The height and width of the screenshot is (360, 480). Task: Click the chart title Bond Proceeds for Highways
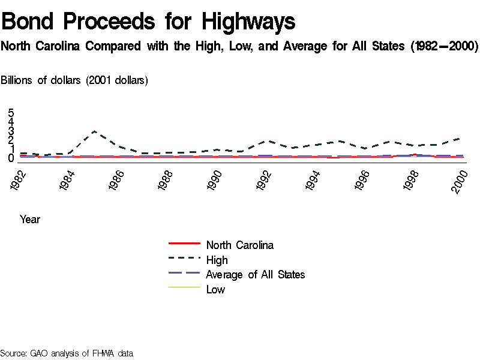pos(148,22)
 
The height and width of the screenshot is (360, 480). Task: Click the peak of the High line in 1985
pos(94,131)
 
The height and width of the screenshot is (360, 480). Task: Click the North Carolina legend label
pos(239,245)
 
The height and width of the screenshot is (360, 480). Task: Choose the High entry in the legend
pos(217,260)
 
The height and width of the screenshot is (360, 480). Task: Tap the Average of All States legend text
pos(255,275)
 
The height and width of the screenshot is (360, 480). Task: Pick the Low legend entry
pos(215,290)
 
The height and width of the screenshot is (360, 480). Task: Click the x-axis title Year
pos(30,220)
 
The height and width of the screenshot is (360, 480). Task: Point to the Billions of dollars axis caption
pos(75,80)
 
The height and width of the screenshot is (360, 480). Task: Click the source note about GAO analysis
pos(66,353)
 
